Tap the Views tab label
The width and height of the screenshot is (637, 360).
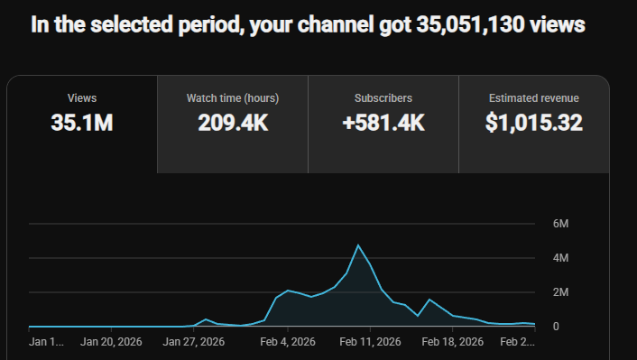tap(82, 98)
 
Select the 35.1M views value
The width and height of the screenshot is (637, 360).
tap(82, 123)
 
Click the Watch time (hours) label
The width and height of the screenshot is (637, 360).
tap(233, 98)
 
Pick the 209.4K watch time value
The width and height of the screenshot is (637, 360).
tap(233, 123)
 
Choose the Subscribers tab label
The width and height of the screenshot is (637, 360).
tap(383, 98)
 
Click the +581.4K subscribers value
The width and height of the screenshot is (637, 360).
tap(383, 123)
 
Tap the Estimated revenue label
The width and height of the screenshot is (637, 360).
tap(534, 98)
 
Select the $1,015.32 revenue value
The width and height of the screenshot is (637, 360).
tap(534, 123)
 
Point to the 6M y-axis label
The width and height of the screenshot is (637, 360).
tap(560, 224)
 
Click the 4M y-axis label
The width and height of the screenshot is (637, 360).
tap(560, 258)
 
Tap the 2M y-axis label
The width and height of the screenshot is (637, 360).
tap(560, 292)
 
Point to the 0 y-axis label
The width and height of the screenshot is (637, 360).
tap(556, 327)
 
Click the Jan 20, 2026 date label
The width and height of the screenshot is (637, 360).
tap(111, 342)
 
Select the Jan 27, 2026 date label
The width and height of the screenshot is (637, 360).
tap(194, 342)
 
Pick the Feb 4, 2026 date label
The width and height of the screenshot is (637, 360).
tap(288, 342)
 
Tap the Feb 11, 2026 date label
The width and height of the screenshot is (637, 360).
tap(370, 342)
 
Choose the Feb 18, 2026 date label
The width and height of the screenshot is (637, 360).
tap(453, 342)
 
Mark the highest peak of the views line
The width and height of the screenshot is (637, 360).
tap(358, 245)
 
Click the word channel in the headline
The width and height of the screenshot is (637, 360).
tap(336, 24)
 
